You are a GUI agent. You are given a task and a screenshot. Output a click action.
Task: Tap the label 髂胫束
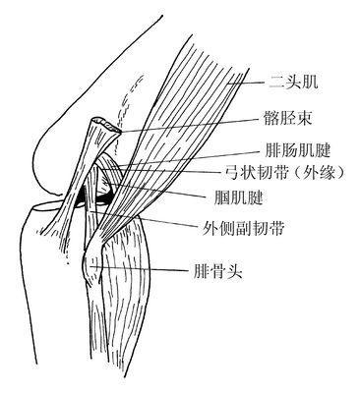click(287, 120)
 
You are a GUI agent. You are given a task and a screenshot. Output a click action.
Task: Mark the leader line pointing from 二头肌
click(246, 84)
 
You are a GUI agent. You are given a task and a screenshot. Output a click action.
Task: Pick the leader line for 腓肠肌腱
click(207, 155)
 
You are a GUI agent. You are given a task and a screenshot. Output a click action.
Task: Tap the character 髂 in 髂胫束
click(270, 120)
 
